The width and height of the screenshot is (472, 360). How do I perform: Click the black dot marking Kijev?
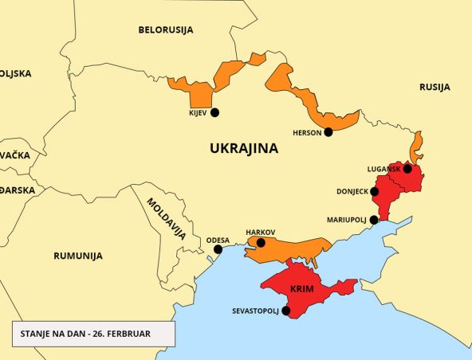coord(214,112)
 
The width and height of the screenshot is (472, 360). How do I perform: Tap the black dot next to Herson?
coord(328,132)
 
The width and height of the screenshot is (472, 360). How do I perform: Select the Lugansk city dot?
coord(408,169)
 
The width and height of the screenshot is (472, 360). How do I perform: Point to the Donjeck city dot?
coord(375,192)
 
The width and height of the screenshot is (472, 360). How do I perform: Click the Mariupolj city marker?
coord(374,219)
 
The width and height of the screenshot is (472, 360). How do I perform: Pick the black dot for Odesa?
coord(218,249)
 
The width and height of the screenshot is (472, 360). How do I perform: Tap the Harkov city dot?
coord(261,243)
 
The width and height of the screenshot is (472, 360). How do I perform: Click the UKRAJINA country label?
coord(243,148)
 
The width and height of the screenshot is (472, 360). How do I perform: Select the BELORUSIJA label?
coord(166,30)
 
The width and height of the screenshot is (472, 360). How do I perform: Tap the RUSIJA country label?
coord(435,87)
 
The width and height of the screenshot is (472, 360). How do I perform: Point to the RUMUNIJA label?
coord(78,256)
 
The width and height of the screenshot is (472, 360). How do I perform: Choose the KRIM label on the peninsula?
coord(301,288)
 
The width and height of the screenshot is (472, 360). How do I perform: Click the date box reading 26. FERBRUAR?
coord(92,334)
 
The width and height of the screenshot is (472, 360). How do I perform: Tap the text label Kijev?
coord(197,113)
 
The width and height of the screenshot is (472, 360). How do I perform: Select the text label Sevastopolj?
coord(255,311)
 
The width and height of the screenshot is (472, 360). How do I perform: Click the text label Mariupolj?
coord(347,219)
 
